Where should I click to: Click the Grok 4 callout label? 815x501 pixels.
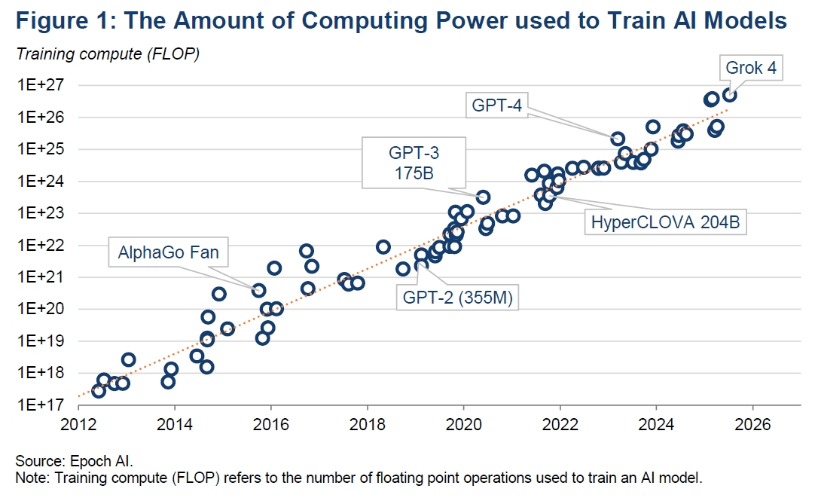(750, 69)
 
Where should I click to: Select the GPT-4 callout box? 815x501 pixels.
(496, 105)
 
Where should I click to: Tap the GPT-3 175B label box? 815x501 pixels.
(414, 162)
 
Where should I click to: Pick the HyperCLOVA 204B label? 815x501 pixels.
(665, 222)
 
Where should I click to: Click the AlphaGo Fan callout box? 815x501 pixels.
(168, 252)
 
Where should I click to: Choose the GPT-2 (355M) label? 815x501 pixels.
(457, 297)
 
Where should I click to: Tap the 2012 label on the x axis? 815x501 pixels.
(78, 424)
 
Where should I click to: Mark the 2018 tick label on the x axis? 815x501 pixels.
(367, 424)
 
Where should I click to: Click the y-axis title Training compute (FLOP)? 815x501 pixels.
(107, 54)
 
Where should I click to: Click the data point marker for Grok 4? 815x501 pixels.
(729, 95)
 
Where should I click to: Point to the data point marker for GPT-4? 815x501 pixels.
(618, 139)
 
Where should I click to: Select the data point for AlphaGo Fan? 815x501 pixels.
(258, 290)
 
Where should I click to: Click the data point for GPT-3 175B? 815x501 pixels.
(483, 197)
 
